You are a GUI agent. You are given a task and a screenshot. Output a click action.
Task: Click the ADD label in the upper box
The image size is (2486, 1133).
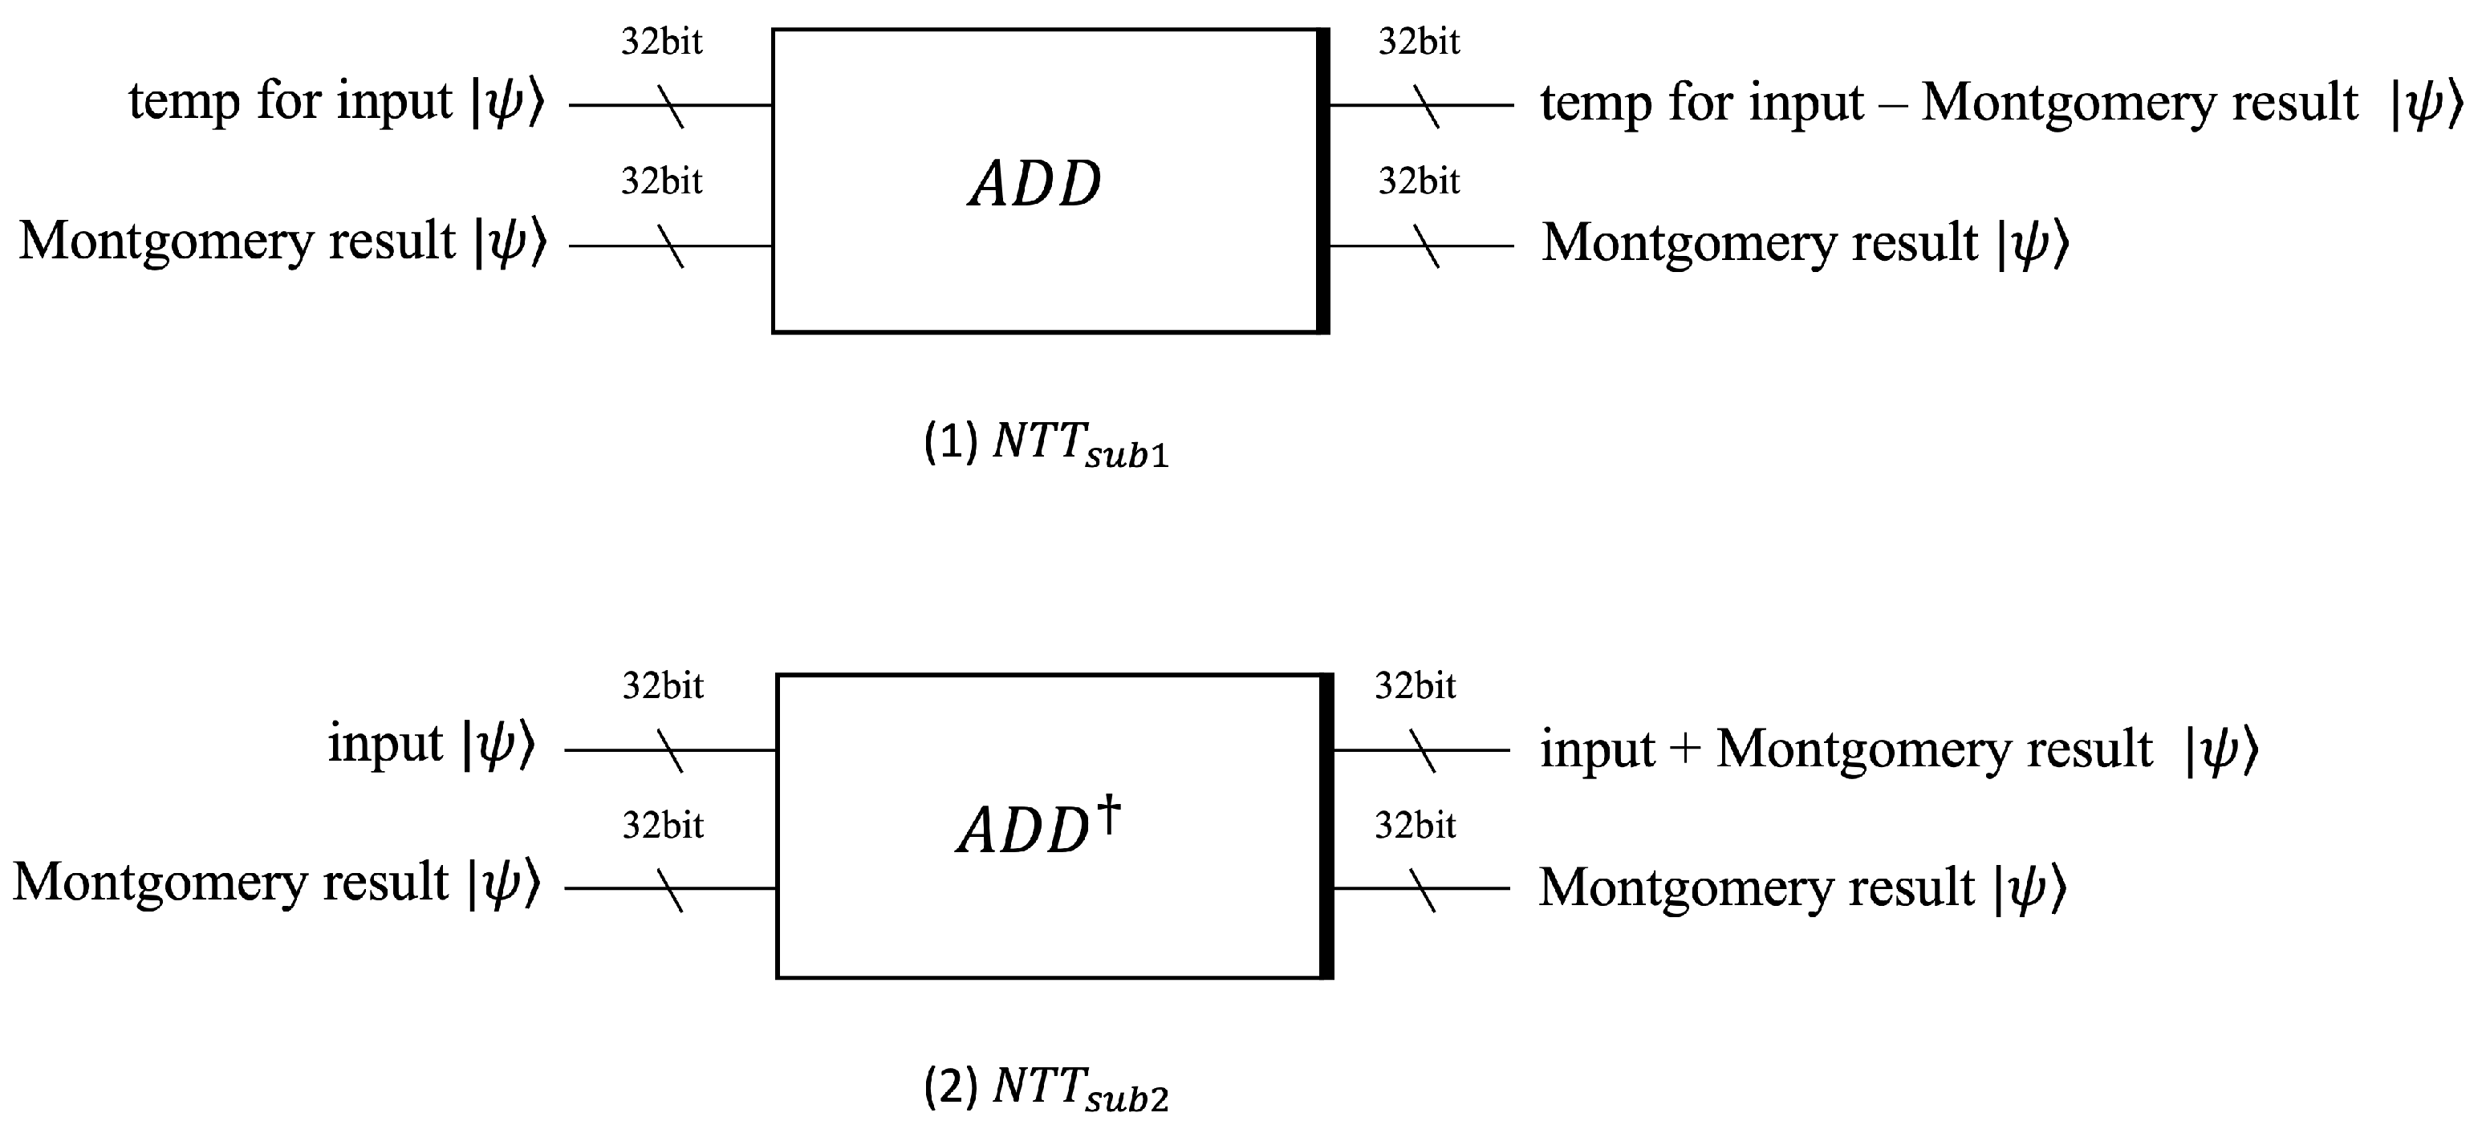coord(1034,184)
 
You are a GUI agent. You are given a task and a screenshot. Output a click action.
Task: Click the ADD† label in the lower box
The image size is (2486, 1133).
coord(1037,828)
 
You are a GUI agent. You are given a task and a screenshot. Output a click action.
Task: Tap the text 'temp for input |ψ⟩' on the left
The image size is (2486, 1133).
coord(336,101)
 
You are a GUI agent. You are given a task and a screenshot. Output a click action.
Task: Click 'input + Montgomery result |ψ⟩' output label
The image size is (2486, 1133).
coord(1897,749)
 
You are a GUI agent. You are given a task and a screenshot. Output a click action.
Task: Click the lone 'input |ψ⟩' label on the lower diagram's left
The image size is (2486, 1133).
coord(429,744)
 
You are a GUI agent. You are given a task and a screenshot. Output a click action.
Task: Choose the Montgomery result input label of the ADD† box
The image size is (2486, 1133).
coord(276,882)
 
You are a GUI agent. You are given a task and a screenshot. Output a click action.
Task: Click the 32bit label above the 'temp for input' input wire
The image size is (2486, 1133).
coord(661,42)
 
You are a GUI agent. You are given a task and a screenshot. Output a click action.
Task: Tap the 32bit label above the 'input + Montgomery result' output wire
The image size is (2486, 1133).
coord(1415,686)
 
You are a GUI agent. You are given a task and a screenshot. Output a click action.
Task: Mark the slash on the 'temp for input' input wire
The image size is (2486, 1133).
coord(671,106)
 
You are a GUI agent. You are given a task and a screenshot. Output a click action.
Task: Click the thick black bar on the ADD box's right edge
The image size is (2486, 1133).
coord(1323,181)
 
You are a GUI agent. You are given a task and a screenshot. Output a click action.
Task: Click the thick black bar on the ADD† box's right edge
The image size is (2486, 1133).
coord(1327,826)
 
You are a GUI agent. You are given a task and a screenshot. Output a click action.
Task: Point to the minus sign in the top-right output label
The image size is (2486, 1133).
coord(1891,102)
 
